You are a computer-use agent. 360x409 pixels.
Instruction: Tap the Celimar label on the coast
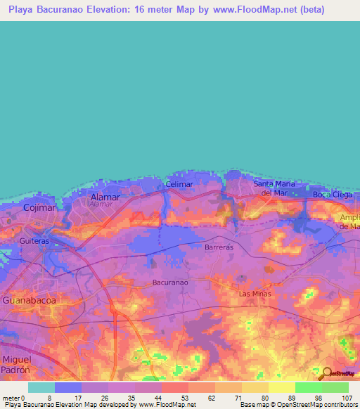pos(179,184)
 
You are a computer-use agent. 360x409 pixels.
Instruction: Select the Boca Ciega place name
pos(330,194)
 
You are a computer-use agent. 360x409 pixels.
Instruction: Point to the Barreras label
pos(218,248)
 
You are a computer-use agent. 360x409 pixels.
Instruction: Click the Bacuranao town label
pos(170,283)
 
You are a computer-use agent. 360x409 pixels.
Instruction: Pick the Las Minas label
pos(255,293)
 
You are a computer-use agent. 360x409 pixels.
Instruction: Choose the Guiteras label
pos(34,240)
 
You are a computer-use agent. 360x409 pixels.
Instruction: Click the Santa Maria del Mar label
pos(272,188)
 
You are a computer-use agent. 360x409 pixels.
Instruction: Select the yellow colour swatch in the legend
pos(281,387)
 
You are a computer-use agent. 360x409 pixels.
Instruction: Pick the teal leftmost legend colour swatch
pos(41,387)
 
